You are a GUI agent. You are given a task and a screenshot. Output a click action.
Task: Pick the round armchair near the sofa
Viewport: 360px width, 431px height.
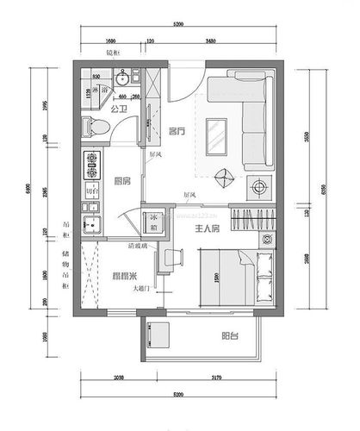[x=226, y=176]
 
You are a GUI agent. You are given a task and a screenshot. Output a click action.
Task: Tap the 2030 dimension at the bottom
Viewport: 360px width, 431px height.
[x=119, y=378]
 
